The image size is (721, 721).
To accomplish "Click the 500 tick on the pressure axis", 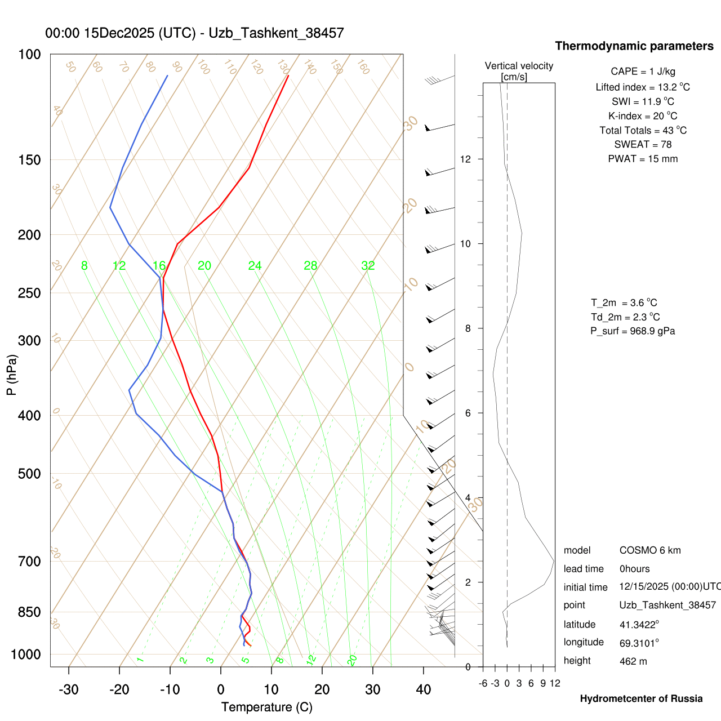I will coord(30,474).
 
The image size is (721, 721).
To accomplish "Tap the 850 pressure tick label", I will coord(30,612).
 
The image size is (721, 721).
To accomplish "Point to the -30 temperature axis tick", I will coord(69,689).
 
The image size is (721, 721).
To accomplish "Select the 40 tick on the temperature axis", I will coord(424,689).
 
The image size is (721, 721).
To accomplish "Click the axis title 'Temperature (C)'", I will coord(266,707).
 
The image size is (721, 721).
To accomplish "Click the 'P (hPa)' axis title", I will coord(12,375).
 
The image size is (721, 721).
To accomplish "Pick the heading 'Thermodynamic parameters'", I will coord(634,46).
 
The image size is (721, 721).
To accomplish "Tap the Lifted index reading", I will coord(643,87).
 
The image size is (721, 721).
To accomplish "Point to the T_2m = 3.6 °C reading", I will coord(624,302).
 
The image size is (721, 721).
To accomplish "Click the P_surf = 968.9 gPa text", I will coord(633,331).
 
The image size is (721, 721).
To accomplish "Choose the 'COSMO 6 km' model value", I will coord(650,550).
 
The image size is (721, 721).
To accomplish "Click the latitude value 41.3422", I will coord(639,624).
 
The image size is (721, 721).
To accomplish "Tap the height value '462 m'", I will coord(633,661).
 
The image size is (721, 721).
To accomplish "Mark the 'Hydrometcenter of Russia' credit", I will coord(641,698).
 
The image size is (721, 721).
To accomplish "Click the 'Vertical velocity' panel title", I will coord(519,66).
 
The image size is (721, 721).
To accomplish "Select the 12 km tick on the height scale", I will coord(465,159).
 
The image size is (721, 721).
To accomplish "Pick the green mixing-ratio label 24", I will coord(255,266).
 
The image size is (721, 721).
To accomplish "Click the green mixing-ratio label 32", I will coord(368,266).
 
